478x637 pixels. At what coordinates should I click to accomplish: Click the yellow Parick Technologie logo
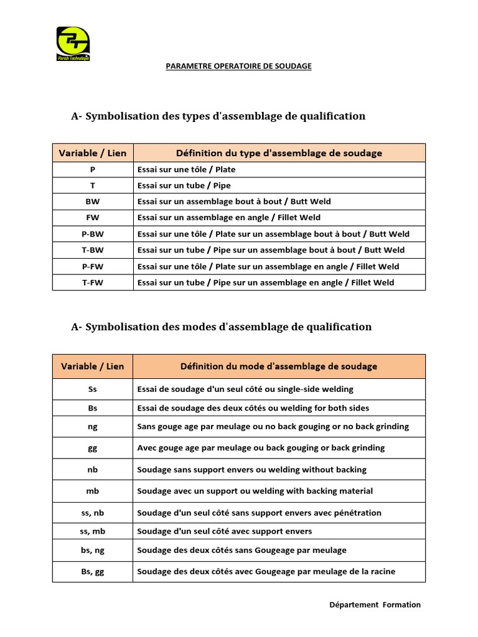(73, 43)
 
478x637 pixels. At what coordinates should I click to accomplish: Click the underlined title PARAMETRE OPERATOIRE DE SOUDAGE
(238, 66)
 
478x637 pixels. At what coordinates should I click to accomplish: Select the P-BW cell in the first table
(93, 234)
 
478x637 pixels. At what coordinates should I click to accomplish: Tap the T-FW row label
(93, 282)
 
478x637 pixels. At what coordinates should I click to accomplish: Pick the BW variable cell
(93, 202)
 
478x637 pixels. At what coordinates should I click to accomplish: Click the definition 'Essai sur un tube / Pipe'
(184, 185)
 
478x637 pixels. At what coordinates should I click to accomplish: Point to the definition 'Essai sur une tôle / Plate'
(186, 169)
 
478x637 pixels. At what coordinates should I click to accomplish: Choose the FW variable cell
(93, 218)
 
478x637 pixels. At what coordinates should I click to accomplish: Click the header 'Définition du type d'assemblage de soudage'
(279, 153)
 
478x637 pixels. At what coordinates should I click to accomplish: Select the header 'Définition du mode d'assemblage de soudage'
(279, 366)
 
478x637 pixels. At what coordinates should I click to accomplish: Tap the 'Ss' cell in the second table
(93, 389)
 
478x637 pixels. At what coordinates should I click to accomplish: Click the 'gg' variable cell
(93, 448)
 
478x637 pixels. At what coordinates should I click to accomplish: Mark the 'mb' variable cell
(93, 491)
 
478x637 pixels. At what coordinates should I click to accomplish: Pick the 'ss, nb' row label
(93, 513)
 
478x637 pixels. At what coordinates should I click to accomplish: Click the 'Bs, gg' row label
(93, 572)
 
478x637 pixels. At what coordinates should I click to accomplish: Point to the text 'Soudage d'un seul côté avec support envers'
(224, 531)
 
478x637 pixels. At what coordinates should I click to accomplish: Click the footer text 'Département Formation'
(375, 605)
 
